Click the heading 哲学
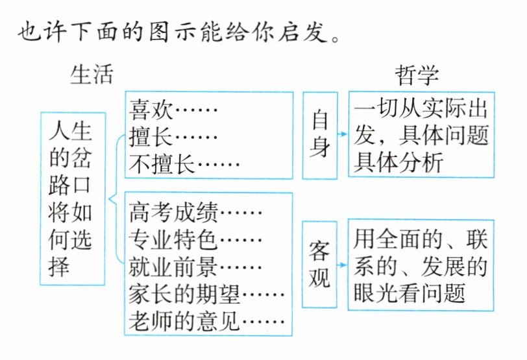coord(417,75)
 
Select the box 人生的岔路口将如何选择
coord(72,198)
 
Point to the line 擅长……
coord(175,136)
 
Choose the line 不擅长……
coord(184,164)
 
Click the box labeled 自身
coord(320,135)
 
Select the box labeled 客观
coord(320,264)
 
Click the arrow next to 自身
coord(343,135)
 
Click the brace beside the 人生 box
coord(115,198)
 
